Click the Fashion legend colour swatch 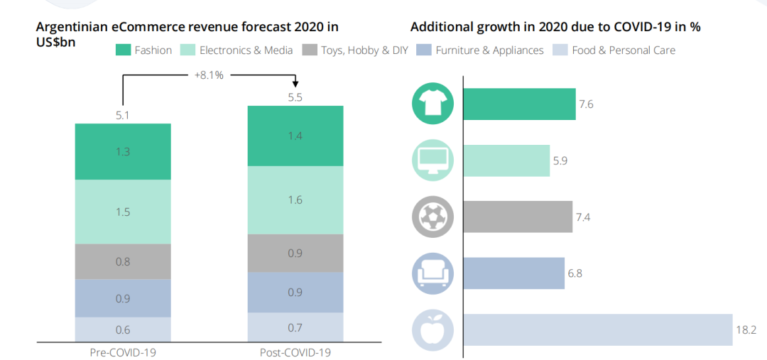pyautogui.click(x=124, y=50)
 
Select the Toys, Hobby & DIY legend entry pyautogui.click(x=355, y=50)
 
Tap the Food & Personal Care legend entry pyautogui.click(x=614, y=50)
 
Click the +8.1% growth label pyautogui.click(x=209, y=75)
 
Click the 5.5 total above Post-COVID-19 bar pyautogui.click(x=295, y=97)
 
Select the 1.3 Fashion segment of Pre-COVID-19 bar pyautogui.click(x=123, y=151)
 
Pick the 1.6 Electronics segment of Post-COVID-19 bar pyautogui.click(x=295, y=200)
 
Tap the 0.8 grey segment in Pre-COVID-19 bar pyautogui.click(x=123, y=261)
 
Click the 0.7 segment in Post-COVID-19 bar pyautogui.click(x=295, y=327)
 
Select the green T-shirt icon pyautogui.click(x=433, y=104)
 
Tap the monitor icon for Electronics pyautogui.click(x=433, y=160)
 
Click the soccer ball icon pyautogui.click(x=433, y=217)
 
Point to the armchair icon pyautogui.click(x=433, y=273)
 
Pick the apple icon pyautogui.click(x=433, y=330)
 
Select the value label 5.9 pyautogui.click(x=560, y=160)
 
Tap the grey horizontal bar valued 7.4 pyautogui.click(x=518, y=217)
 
